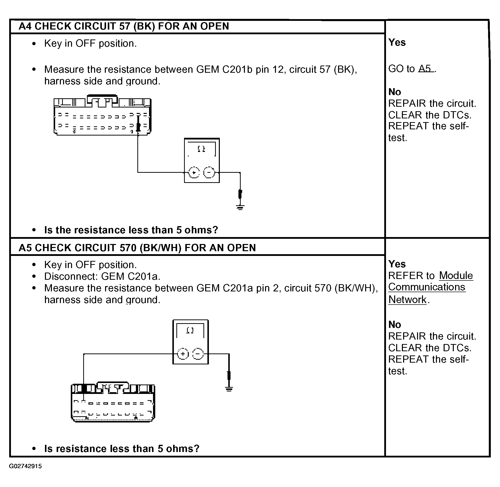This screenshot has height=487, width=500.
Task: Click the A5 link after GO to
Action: [425, 69]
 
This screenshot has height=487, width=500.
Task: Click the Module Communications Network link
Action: [430, 287]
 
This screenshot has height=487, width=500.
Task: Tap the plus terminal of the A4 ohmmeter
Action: [194, 173]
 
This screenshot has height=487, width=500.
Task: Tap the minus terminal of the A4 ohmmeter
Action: [209, 173]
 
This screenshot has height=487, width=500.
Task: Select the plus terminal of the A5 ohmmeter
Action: [183, 354]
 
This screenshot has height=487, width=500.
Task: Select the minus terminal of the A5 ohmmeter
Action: [198, 354]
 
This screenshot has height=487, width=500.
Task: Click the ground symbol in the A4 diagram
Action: [240, 207]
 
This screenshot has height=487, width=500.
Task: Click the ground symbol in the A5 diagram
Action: [229, 389]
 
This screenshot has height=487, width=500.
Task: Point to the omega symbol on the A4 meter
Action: [201, 149]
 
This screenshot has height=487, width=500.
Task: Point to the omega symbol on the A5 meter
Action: [190, 330]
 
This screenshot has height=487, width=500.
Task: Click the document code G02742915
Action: [25, 466]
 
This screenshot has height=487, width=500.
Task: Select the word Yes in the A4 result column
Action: [397, 42]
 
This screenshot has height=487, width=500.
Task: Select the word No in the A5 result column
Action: [395, 325]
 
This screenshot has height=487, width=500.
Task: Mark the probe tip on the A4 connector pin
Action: [138, 126]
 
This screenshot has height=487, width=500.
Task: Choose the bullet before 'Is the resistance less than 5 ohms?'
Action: [34, 230]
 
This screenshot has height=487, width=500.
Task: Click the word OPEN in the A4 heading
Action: [214, 26]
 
